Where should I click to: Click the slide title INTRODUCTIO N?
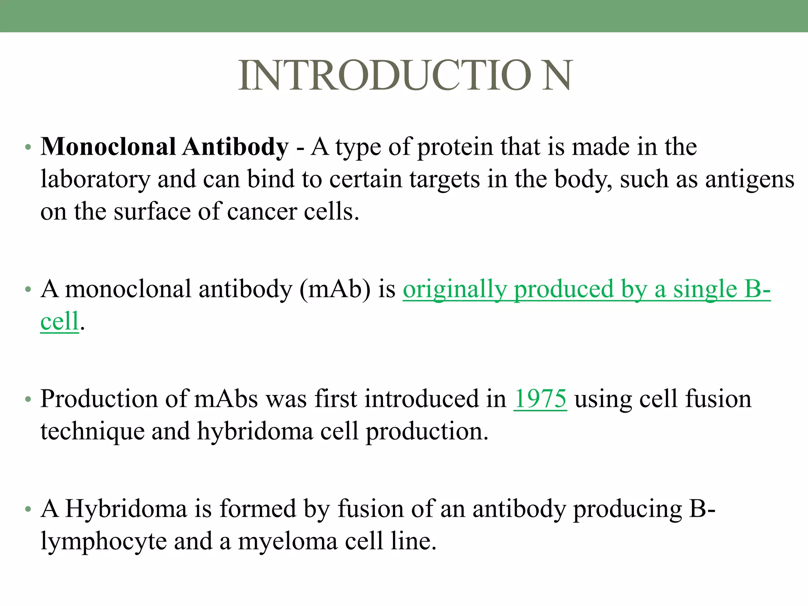[405, 76]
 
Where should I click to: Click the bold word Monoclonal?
[108, 147]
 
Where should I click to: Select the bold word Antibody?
[236, 148]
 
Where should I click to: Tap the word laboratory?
[95, 180]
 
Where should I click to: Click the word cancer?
[262, 212]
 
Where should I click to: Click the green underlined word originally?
[454, 290]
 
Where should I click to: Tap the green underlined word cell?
[60, 321]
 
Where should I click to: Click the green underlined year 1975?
[540, 399]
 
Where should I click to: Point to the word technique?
[92, 432]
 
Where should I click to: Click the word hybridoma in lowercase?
[255, 431]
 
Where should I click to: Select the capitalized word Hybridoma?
[126, 509]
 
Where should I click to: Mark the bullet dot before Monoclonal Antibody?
[28, 148]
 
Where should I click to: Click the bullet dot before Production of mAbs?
[28, 400]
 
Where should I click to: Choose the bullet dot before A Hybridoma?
[28, 509]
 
